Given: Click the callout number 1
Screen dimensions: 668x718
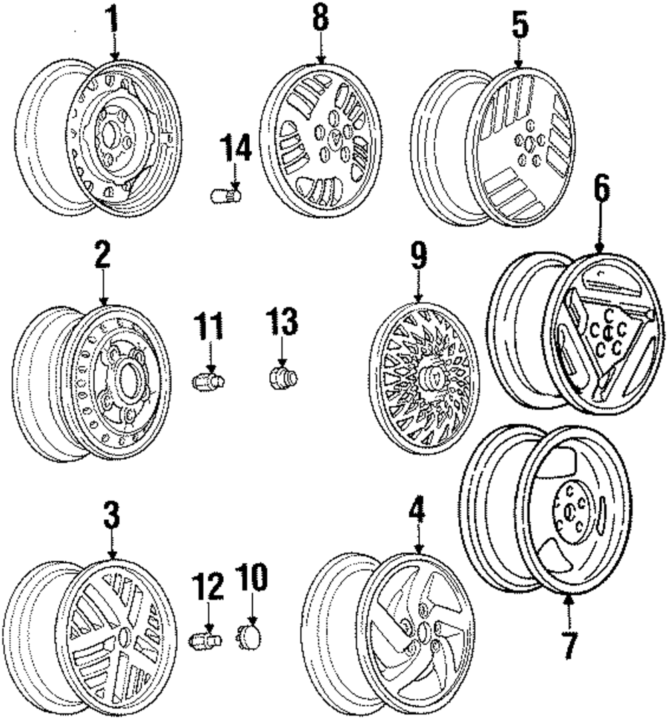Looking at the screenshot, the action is coord(113,21).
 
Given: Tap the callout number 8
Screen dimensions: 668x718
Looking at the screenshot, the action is coord(321,19).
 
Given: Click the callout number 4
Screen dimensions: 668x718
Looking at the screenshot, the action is coord(417,511).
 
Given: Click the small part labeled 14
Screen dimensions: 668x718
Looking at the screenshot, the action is coord(224,196).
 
